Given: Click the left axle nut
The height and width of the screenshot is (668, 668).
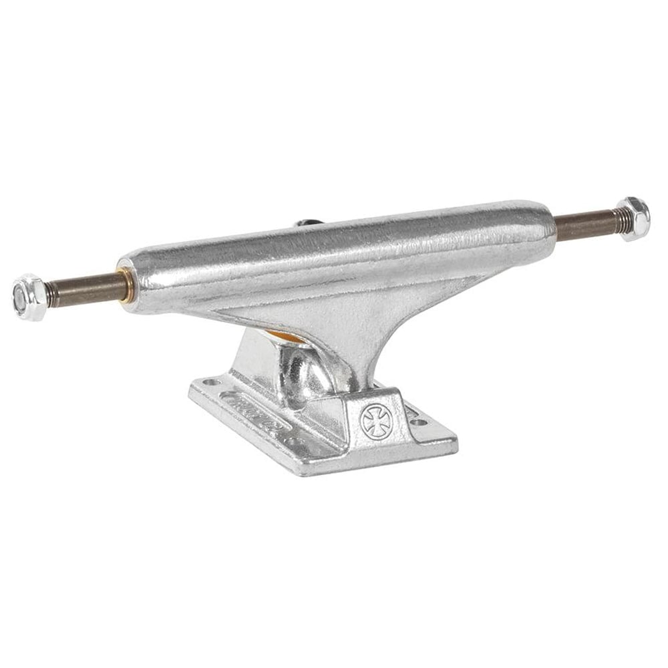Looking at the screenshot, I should pyautogui.click(x=29, y=297).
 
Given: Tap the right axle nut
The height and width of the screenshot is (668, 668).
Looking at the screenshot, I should pyautogui.click(x=631, y=218).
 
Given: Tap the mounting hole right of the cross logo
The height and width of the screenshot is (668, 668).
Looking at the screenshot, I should pyautogui.click(x=418, y=422).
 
